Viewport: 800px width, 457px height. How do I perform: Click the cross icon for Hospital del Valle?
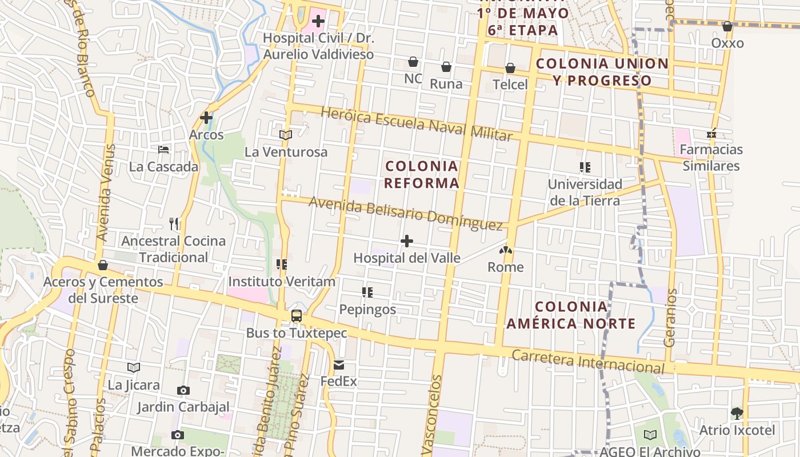[x=407, y=241]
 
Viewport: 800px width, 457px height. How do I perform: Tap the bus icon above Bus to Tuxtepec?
[x=297, y=316]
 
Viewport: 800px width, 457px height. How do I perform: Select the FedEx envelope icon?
[x=339, y=365]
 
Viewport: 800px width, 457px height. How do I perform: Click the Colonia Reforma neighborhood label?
[x=422, y=175]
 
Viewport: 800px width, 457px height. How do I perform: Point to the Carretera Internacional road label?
[x=589, y=360]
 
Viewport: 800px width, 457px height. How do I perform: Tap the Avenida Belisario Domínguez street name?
[x=406, y=212]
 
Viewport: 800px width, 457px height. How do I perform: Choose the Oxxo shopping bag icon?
[x=727, y=26]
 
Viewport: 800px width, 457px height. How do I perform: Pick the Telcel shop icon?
[x=510, y=68]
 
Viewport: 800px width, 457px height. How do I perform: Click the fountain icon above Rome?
[x=506, y=250]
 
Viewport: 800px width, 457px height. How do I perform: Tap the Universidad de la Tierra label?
[x=585, y=193]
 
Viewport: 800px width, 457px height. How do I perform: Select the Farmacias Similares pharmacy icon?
[x=711, y=133]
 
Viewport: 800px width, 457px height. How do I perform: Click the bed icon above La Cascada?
[x=163, y=150]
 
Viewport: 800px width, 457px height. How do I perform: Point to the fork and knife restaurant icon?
[x=174, y=223]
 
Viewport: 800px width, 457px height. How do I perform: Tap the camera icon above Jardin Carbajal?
[x=183, y=391]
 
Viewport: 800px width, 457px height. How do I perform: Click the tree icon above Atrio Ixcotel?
[x=737, y=413]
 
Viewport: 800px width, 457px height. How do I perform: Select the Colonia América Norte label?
[x=571, y=315]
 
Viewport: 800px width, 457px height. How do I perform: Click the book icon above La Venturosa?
[x=286, y=135]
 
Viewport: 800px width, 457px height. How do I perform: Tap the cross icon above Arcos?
[x=206, y=118]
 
